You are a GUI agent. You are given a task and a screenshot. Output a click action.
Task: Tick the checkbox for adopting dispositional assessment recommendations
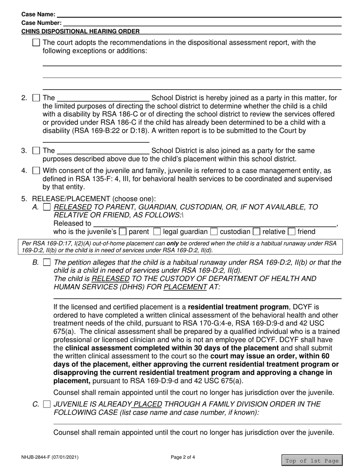(36, 43)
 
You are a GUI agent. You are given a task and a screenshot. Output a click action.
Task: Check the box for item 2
(36, 98)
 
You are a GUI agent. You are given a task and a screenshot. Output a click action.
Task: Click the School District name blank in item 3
(103, 150)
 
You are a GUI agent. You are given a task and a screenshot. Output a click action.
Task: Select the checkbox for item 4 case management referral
(36, 170)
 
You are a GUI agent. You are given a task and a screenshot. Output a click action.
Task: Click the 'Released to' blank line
(214, 224)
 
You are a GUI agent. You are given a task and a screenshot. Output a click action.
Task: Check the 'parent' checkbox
(123, 232)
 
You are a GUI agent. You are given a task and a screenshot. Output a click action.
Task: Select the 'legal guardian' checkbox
(157, 232)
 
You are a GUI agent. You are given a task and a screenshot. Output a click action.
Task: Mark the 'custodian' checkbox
(214, 232)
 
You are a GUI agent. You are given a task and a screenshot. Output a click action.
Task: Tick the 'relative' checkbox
(257, 232)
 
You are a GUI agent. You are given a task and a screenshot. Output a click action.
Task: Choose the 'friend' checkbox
(292, 232)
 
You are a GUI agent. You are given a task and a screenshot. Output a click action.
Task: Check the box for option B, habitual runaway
(47, 263)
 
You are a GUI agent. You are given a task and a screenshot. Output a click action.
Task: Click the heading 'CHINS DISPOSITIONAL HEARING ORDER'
(80, 31)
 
